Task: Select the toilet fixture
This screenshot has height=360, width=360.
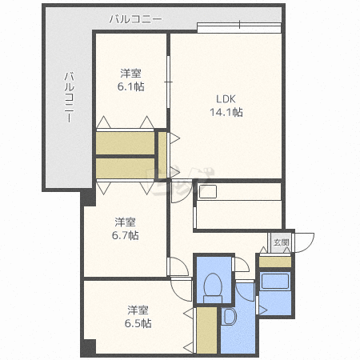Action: click(x=213, y=286)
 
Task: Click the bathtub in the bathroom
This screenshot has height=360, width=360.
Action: click(x=275, y=282)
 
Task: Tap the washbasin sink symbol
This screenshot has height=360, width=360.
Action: click(x=227, y=318)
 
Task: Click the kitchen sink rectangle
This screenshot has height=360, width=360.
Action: click(x=209, y=192)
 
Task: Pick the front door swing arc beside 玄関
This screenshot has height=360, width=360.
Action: click(x=305, y=242)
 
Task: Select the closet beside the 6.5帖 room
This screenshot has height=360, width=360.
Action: click(x=206, y=330)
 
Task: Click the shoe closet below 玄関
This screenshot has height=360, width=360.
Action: click(x=275, y=262)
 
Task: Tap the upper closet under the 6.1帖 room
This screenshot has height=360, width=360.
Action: click(x=125, y=142)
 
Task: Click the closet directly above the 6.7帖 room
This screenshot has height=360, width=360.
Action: click(x=125, y=169)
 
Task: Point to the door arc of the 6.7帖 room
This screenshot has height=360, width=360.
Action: click(x=178, y=267)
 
